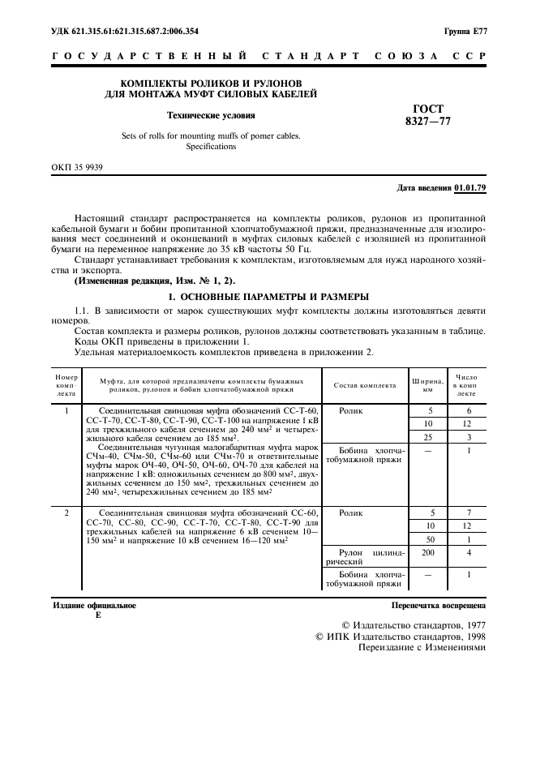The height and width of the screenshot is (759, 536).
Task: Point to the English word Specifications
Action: [x=211, y=147]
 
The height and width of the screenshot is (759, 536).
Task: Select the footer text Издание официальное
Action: [x=94, y=605]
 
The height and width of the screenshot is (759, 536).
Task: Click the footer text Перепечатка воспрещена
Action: [x=438, y=605]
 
